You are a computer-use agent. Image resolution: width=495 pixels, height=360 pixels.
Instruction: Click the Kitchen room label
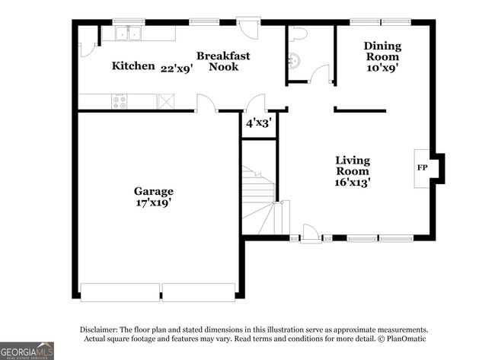click(x=133, y=66)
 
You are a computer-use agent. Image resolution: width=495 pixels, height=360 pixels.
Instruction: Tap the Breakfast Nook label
click(x=223, y=61)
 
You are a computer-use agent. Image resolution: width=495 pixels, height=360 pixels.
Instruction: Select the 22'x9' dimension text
click(x=177, y=67)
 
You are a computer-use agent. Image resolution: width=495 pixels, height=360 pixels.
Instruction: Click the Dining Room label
click(x=382, y=51)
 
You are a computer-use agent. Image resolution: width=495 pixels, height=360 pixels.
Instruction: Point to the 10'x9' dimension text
click(x=382, y=67)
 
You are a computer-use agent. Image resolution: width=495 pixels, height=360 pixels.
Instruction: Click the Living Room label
click(x=353, y=166)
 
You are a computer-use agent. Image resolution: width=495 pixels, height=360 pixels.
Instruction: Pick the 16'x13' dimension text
click(x=353, y=182)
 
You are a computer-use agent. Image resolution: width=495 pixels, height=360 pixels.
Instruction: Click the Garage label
click(x=153, y=191)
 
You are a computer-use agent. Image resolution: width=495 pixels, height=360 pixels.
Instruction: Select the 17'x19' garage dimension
click(x=153, y=202)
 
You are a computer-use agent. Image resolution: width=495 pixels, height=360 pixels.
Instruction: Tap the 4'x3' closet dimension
click(x=258, y=123)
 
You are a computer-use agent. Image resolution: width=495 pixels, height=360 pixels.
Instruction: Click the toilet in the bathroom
click(x=298, y=34)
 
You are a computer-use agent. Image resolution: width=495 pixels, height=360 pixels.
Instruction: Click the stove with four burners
click(x=120, y=101)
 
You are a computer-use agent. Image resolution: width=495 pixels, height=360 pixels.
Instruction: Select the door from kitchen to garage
click(x=205, y=105)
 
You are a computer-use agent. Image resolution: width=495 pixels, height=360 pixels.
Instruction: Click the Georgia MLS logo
click(x=27, y=350)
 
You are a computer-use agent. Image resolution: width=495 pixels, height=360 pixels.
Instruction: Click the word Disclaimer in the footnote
click(x=101, y=330)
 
